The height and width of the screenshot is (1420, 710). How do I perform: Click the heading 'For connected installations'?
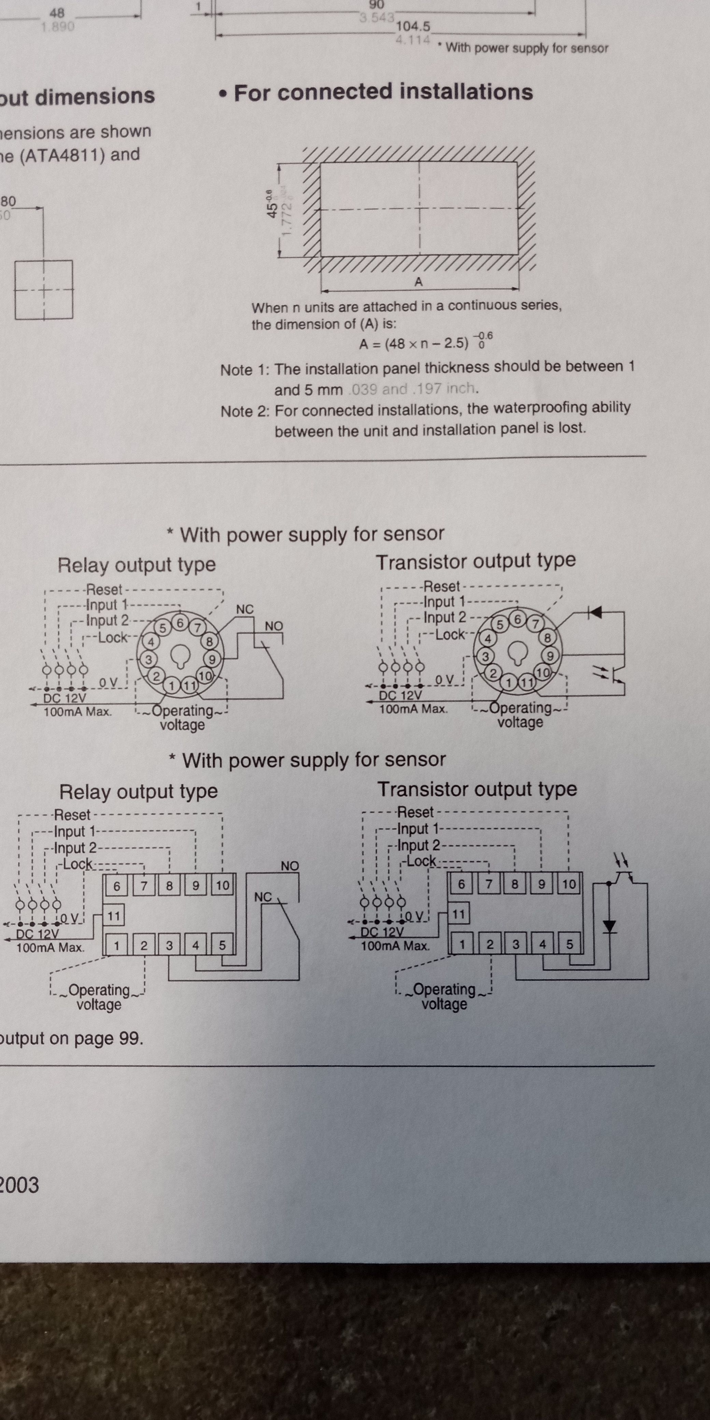pyautogui.click(x=383, y=92)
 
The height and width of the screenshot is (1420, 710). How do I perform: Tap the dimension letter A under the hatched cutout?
pyautogui.click(x=418, y=282)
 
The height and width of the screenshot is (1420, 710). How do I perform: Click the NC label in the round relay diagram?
pyautogui.click(x=245, y=609)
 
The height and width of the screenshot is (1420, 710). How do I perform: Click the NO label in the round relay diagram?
pyautogui.click(x=273, y=626)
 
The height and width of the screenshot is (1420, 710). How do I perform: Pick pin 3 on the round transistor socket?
pyautogui.click(x=485, y=656)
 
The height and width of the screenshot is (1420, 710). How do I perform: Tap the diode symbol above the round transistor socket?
pyautogui.click(x=594, y=612)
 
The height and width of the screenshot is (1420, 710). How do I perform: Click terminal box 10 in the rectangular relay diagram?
pyautogui.click(x=222, y=886)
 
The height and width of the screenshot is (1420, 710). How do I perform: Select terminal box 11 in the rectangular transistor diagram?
pyautogui.click(x=459, y=914)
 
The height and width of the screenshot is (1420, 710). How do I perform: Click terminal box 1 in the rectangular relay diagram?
pyautogui.click(x=116, y=946)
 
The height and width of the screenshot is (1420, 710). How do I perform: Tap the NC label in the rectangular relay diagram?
pyautogui.click(x=263, y=897)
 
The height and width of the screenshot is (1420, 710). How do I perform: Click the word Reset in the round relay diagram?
pyautogui.click(x=104, y=589)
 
